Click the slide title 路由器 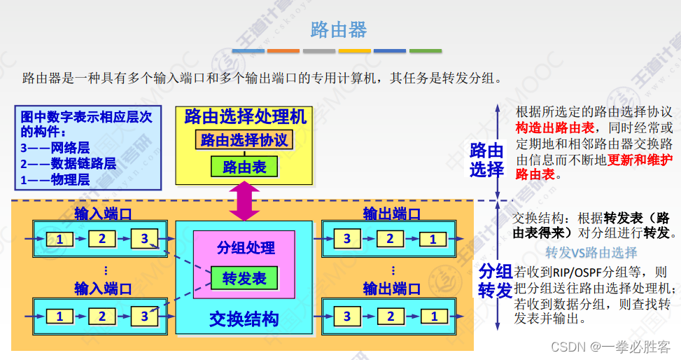click(x=339, y=29)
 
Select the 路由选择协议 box click(x=244, y=139)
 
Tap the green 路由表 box click(x=244, y=167)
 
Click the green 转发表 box click(x=244, y=278)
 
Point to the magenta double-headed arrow click(x=244, y=201)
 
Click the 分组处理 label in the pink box click(x=245, y=247)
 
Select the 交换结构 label click(x=244, y=319)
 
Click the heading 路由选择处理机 click(x=245, y=116)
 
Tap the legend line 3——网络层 click(x=55, y=148)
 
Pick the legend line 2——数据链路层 click(x=68, y=164)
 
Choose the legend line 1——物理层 click(x=55, y=179)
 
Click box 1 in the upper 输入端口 click(x=59, y=240)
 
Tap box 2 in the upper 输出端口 click(x=390, y=240)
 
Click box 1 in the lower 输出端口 click(x=434, y=316)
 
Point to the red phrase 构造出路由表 click(x=555, y=128)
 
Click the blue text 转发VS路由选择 click(x=591, y=253)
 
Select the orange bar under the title click(x=283, y=51)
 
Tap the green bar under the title click(x=426, y=51)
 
